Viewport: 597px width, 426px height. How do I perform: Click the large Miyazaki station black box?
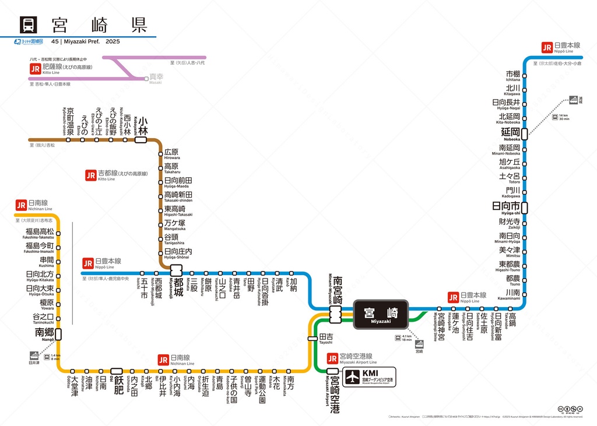381,315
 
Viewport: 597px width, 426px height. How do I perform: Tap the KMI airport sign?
368,376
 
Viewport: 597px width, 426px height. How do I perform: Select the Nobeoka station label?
510,133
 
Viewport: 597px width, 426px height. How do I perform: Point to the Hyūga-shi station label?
506,207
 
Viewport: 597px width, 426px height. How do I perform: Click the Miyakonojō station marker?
176,270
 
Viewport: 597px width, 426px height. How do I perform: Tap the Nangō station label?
44,334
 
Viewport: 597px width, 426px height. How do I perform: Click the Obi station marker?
117,371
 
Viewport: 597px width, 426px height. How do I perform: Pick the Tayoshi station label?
326,339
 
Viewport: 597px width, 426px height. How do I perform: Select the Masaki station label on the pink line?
156,78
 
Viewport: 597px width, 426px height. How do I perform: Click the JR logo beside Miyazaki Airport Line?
332,358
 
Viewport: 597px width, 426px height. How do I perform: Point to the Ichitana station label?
513,76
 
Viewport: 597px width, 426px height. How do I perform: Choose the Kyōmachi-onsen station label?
69,121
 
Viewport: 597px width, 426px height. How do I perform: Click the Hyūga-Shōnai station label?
177,253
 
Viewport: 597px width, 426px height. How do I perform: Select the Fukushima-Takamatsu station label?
39,233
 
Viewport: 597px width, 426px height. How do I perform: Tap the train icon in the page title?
27,25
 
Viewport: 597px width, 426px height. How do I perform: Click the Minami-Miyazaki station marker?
335,315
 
